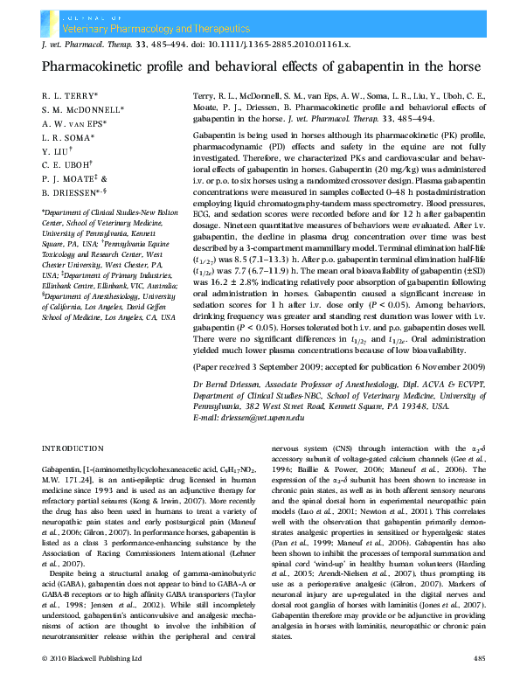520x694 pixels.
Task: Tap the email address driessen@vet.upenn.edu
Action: coord(263,419)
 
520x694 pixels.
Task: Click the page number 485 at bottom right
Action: coord(478,681)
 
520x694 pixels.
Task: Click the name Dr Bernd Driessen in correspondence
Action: coord(225,385)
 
